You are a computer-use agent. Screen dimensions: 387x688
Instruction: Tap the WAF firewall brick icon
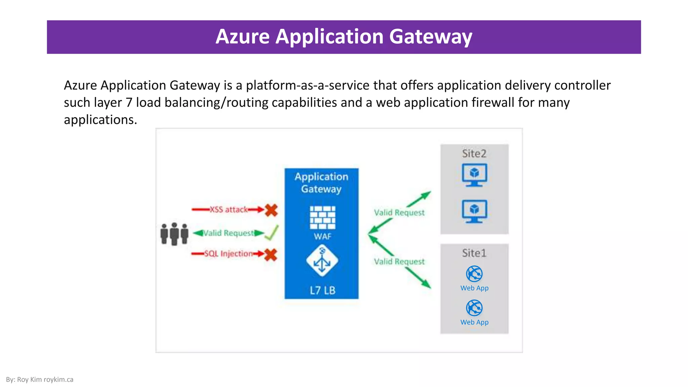322,217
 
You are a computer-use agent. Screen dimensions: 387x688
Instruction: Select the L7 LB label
322,290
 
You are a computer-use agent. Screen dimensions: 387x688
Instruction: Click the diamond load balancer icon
322,261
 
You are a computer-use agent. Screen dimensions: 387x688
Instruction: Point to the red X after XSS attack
271,210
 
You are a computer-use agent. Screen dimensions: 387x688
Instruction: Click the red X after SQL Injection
270,255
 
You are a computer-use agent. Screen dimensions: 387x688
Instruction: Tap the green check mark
271,232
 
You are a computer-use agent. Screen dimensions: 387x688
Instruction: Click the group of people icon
174,233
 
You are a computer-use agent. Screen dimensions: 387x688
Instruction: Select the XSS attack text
229,210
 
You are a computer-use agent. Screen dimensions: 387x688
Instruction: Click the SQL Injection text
228,254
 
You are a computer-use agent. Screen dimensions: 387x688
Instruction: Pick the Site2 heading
474,154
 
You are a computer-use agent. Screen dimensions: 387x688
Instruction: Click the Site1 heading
474,253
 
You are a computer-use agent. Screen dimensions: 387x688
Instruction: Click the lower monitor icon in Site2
474,211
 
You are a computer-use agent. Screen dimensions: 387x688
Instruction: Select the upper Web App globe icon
474,274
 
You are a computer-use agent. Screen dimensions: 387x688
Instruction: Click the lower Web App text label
474,322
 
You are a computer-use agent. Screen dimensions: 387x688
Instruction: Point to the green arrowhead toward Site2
426,195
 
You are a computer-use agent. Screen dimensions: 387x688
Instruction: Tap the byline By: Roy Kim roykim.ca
40,380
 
